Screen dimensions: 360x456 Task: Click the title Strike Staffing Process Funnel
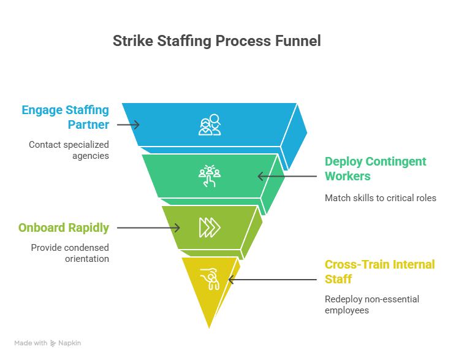pyautogui.click(x=216, y=42)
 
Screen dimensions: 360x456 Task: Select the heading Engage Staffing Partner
pyautogui.click(x=66, y=117)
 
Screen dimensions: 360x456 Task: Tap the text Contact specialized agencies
pyautogui.click(x=69, y=150)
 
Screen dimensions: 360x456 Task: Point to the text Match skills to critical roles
pyautogui.click(x=380, y=198)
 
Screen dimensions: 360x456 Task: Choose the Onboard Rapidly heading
pyautogui.click(x=64, y=228)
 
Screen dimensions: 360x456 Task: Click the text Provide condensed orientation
pyautogui.click(x=70, y=253)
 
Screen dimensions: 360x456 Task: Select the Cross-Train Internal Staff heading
pyautogui.click(x=379, y=272)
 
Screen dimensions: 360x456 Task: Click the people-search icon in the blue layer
pyautogui.click(x=210, y=124)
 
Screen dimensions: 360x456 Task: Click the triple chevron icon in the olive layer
pyautogui.click(x=209, y=228)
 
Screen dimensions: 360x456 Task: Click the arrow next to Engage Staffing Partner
pyautogui.click(x=128, y=124)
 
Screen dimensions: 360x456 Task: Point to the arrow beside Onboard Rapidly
pyautogui.click(x=148, y=228)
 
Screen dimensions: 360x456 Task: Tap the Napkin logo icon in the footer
pyautogui.click(x=53, y=343)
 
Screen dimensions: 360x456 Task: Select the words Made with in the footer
pyautogui.click(x=31, y=343)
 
